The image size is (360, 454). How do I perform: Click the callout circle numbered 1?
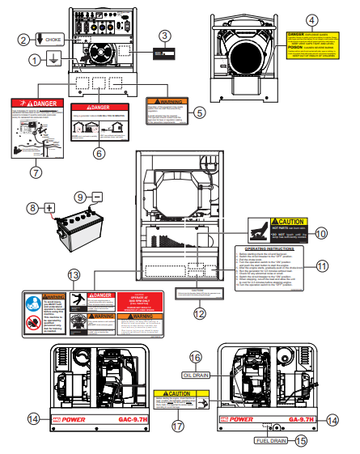point(34,60)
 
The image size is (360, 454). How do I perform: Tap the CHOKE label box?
point(52,39)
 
